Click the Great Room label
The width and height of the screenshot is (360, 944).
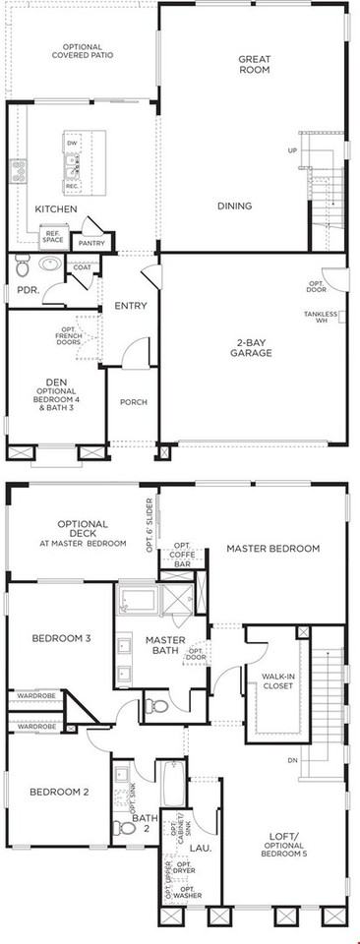pos(255,65)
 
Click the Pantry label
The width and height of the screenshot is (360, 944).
pos(91,242)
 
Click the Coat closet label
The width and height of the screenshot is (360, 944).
pos(82,265)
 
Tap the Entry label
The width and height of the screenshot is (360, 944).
pos(131,306)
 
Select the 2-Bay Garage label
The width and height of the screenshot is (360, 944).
pos(253,346)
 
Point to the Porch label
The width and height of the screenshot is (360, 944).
pos(133,401)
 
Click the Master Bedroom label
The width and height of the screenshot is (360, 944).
pos(272,548)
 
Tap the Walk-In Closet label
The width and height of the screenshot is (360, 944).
pos(278,681)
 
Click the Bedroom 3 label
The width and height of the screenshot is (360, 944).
pos(61,638)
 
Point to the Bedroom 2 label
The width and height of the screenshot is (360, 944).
pos(59,792)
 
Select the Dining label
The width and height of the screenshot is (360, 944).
pos(235,206)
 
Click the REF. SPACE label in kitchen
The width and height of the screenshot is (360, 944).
pos(52,236)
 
